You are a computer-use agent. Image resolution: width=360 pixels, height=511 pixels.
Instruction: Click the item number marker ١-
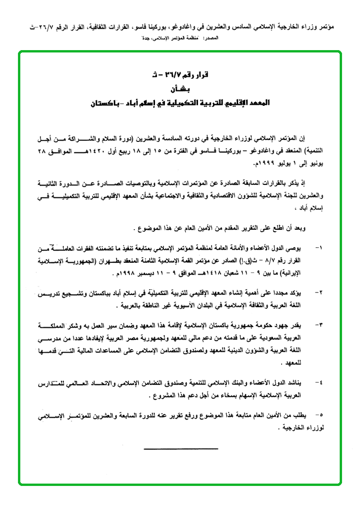click(x=317, y=248)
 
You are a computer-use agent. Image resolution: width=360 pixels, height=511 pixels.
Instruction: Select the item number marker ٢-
click(x=317, y=293)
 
